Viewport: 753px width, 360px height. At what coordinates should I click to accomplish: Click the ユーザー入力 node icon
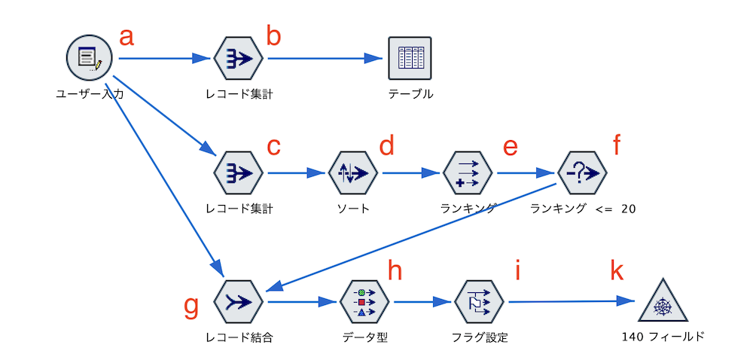[88, 59]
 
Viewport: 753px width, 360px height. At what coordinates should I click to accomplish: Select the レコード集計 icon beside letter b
[238, 59]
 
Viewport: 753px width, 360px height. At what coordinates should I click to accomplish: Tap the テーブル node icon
[411, 59]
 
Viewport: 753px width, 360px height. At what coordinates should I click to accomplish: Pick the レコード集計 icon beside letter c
[238, 172]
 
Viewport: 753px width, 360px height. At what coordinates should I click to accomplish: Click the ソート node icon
[353, 172]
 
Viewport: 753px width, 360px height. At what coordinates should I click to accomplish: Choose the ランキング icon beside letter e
[468, 172]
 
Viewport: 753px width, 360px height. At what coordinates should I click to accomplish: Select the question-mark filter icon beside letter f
[582, 172]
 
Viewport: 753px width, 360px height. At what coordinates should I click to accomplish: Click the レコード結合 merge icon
[238, 302]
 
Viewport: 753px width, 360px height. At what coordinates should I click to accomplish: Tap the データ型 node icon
[364, 302]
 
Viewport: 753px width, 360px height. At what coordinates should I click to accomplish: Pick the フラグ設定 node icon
[480, 302]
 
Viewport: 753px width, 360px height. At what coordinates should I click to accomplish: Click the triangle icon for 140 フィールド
[663, 304]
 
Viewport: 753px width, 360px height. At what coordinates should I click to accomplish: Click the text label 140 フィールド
[663, 337]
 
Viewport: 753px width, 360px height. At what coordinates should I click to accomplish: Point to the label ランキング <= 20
[582, 209]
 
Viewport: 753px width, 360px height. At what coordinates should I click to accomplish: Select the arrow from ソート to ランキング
[410, 172]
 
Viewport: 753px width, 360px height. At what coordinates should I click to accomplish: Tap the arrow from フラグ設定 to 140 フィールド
[572, 302]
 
